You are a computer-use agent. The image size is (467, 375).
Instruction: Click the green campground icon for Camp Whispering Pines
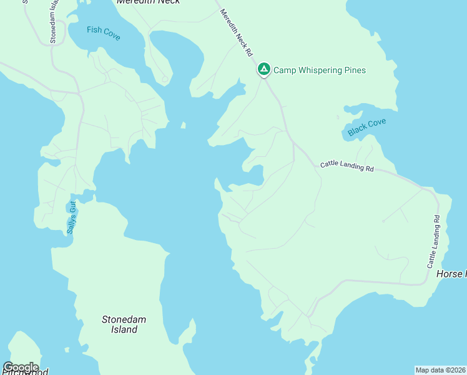click(264, 69)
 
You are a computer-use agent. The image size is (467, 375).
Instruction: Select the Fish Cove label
click(104, 33)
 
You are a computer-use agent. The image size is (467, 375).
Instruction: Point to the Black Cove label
click(367, 127)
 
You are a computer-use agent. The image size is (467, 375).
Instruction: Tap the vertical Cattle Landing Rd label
click(433, 242)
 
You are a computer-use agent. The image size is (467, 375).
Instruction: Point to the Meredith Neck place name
click(149, 2)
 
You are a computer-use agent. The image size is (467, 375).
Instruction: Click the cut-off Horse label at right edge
click(450, 274)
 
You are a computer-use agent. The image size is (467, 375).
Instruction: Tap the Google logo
click(20, 367)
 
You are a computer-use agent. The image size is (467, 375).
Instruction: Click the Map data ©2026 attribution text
click(440, 369)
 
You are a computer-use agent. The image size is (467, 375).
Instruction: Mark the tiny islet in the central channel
click(183, 125)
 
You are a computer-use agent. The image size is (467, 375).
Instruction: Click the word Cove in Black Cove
click(376, 124)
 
